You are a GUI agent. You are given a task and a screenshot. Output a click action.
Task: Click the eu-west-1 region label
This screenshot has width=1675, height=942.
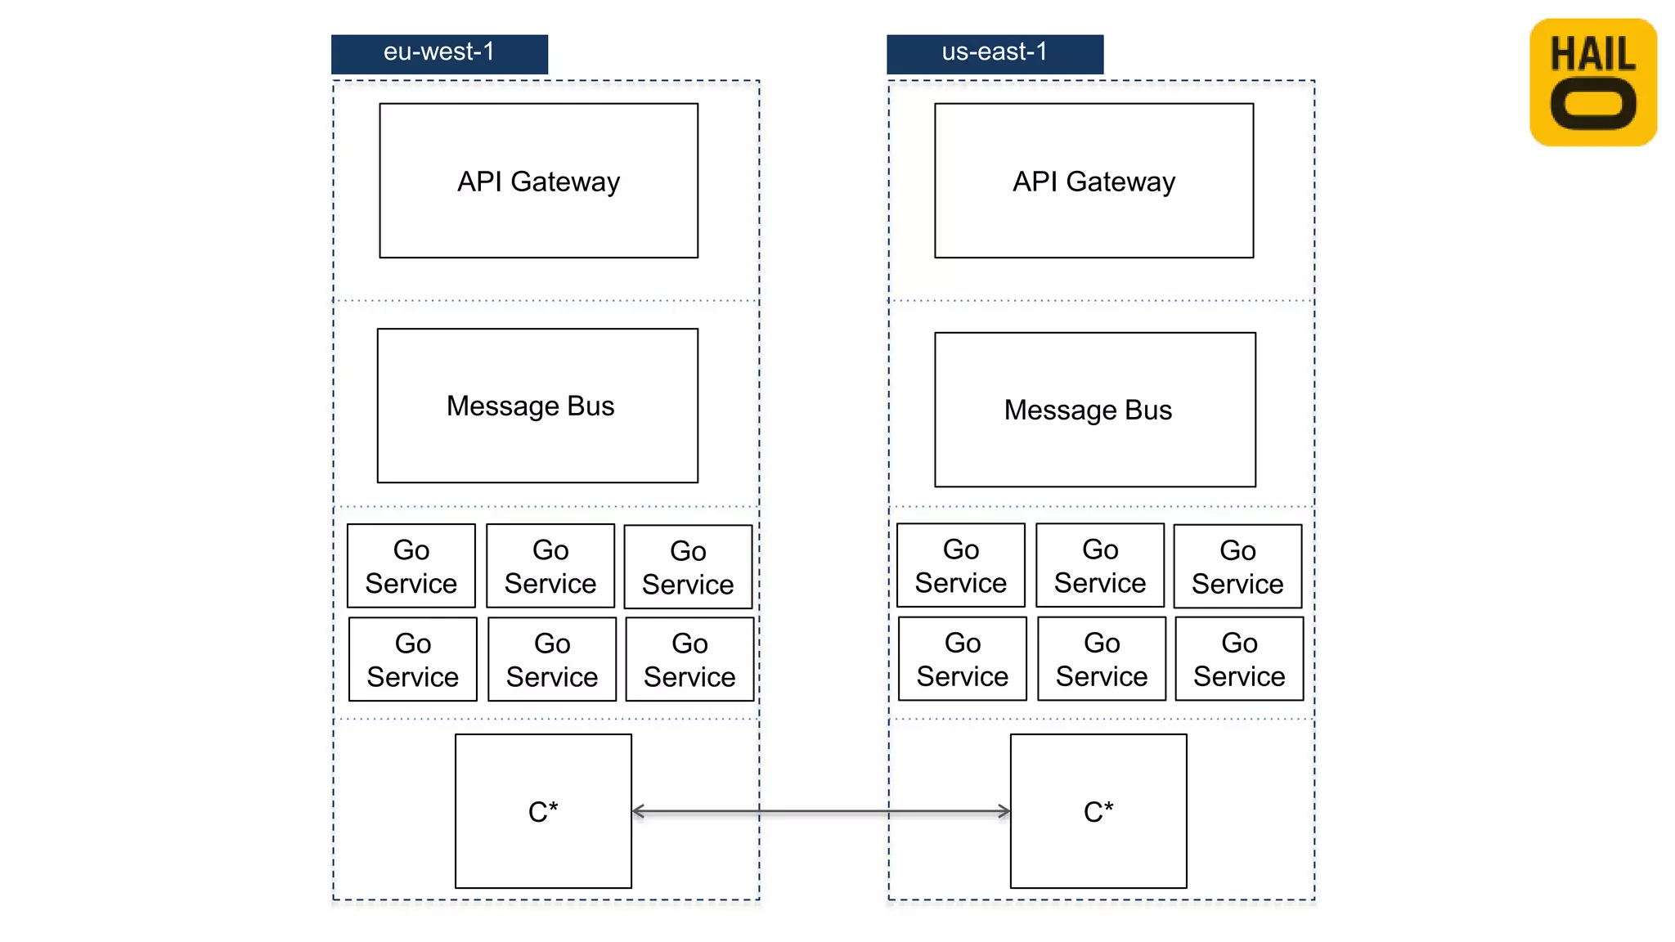(439, 54)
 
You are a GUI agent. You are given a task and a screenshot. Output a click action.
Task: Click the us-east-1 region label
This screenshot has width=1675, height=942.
(995, 54)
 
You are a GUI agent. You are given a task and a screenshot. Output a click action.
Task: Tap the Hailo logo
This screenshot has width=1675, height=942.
(1592, 83)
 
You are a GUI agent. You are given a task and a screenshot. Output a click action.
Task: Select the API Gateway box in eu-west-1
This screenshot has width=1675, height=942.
(538, 181)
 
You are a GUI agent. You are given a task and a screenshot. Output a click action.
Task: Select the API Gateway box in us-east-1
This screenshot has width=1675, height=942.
(1093, 181)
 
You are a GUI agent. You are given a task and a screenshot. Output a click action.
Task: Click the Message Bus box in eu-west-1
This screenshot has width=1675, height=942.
(537, 406)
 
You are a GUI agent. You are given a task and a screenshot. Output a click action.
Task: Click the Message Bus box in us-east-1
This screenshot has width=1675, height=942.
(1095, 410)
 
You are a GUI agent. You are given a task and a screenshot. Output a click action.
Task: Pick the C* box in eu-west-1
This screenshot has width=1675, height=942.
(543, 811)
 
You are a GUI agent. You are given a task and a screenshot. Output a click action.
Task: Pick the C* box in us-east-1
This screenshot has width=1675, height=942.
(1098, 811)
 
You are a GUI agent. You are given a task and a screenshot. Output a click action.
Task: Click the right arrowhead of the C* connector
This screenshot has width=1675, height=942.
(1004, 811)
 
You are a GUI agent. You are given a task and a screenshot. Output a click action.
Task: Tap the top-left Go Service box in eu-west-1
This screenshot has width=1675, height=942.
(411, 566)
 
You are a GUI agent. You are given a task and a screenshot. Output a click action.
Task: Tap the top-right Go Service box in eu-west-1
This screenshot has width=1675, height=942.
(688, 567)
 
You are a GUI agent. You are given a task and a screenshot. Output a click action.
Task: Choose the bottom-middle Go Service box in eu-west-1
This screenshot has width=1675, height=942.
(552, 659)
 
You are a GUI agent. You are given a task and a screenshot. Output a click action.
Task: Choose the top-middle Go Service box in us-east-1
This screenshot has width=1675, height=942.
(1100, 565)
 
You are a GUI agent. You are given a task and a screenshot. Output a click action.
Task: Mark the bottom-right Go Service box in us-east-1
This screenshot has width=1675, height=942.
(1239, 658)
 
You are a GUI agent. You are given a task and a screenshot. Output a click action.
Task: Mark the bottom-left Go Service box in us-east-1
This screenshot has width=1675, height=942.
(963, 658)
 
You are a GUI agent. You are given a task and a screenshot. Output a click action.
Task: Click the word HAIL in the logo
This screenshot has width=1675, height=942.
(1592, 55)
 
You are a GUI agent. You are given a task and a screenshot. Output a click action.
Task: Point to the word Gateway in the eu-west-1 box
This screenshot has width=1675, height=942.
(565, 182)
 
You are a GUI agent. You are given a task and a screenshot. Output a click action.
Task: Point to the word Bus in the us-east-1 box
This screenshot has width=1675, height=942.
(1148, 410)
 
